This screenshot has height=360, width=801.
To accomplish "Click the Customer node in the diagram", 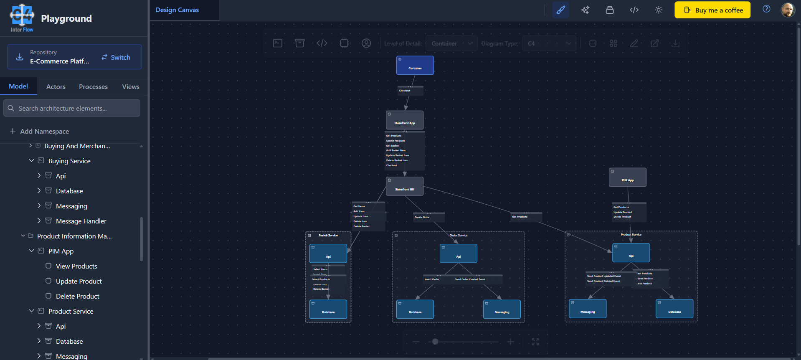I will [x=415, y=66].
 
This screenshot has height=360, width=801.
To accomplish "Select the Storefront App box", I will [x=404, y=120].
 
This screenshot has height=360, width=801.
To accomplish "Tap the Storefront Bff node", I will [x=404, y=186].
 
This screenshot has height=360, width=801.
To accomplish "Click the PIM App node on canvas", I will [x=627, y=177].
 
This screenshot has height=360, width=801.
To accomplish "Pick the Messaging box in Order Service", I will [x=502, y=309].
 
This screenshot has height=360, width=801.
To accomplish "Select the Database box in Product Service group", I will [x=674, y=309].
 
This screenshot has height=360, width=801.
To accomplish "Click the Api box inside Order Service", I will [x=458, y=254].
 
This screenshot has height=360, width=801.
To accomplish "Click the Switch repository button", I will [x=116, y=57].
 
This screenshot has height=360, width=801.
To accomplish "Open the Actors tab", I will [x=56, y=87].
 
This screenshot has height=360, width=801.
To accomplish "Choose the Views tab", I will [x=131, y=87].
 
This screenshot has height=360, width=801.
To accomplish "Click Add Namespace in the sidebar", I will [x=44, y=131].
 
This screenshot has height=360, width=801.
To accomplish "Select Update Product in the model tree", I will [x=79, y=281].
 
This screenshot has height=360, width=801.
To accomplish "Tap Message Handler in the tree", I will [x=81, y=221].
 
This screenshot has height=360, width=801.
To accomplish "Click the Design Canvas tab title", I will [x=177, y=10].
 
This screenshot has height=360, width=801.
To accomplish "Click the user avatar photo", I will [x=788, y=10].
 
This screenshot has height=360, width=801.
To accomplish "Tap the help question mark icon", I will [x=766, y=9].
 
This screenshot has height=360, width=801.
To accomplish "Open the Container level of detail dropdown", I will [x=451, y=43].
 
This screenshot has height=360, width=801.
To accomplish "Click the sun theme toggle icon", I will [x=659, y=10].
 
